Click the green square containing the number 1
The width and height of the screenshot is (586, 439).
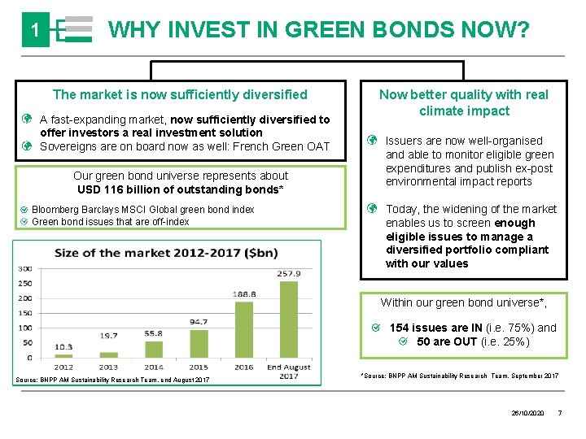tap(35, 31)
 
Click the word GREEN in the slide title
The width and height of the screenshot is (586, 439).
tap(325, 31)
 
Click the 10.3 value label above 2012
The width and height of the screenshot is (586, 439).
tap(63, 346)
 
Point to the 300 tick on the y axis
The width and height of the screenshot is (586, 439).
tap(25, 267)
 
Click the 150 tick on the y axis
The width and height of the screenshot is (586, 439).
tap(25, 313)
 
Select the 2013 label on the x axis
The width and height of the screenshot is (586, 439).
tap(108, 367)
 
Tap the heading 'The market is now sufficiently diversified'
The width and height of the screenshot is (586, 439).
tap(180, 94)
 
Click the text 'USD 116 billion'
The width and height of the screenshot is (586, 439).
tap(121, 189)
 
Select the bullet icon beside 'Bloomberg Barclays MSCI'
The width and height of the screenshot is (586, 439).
tap(24, 210)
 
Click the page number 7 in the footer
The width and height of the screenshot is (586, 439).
tap(559, 414)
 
